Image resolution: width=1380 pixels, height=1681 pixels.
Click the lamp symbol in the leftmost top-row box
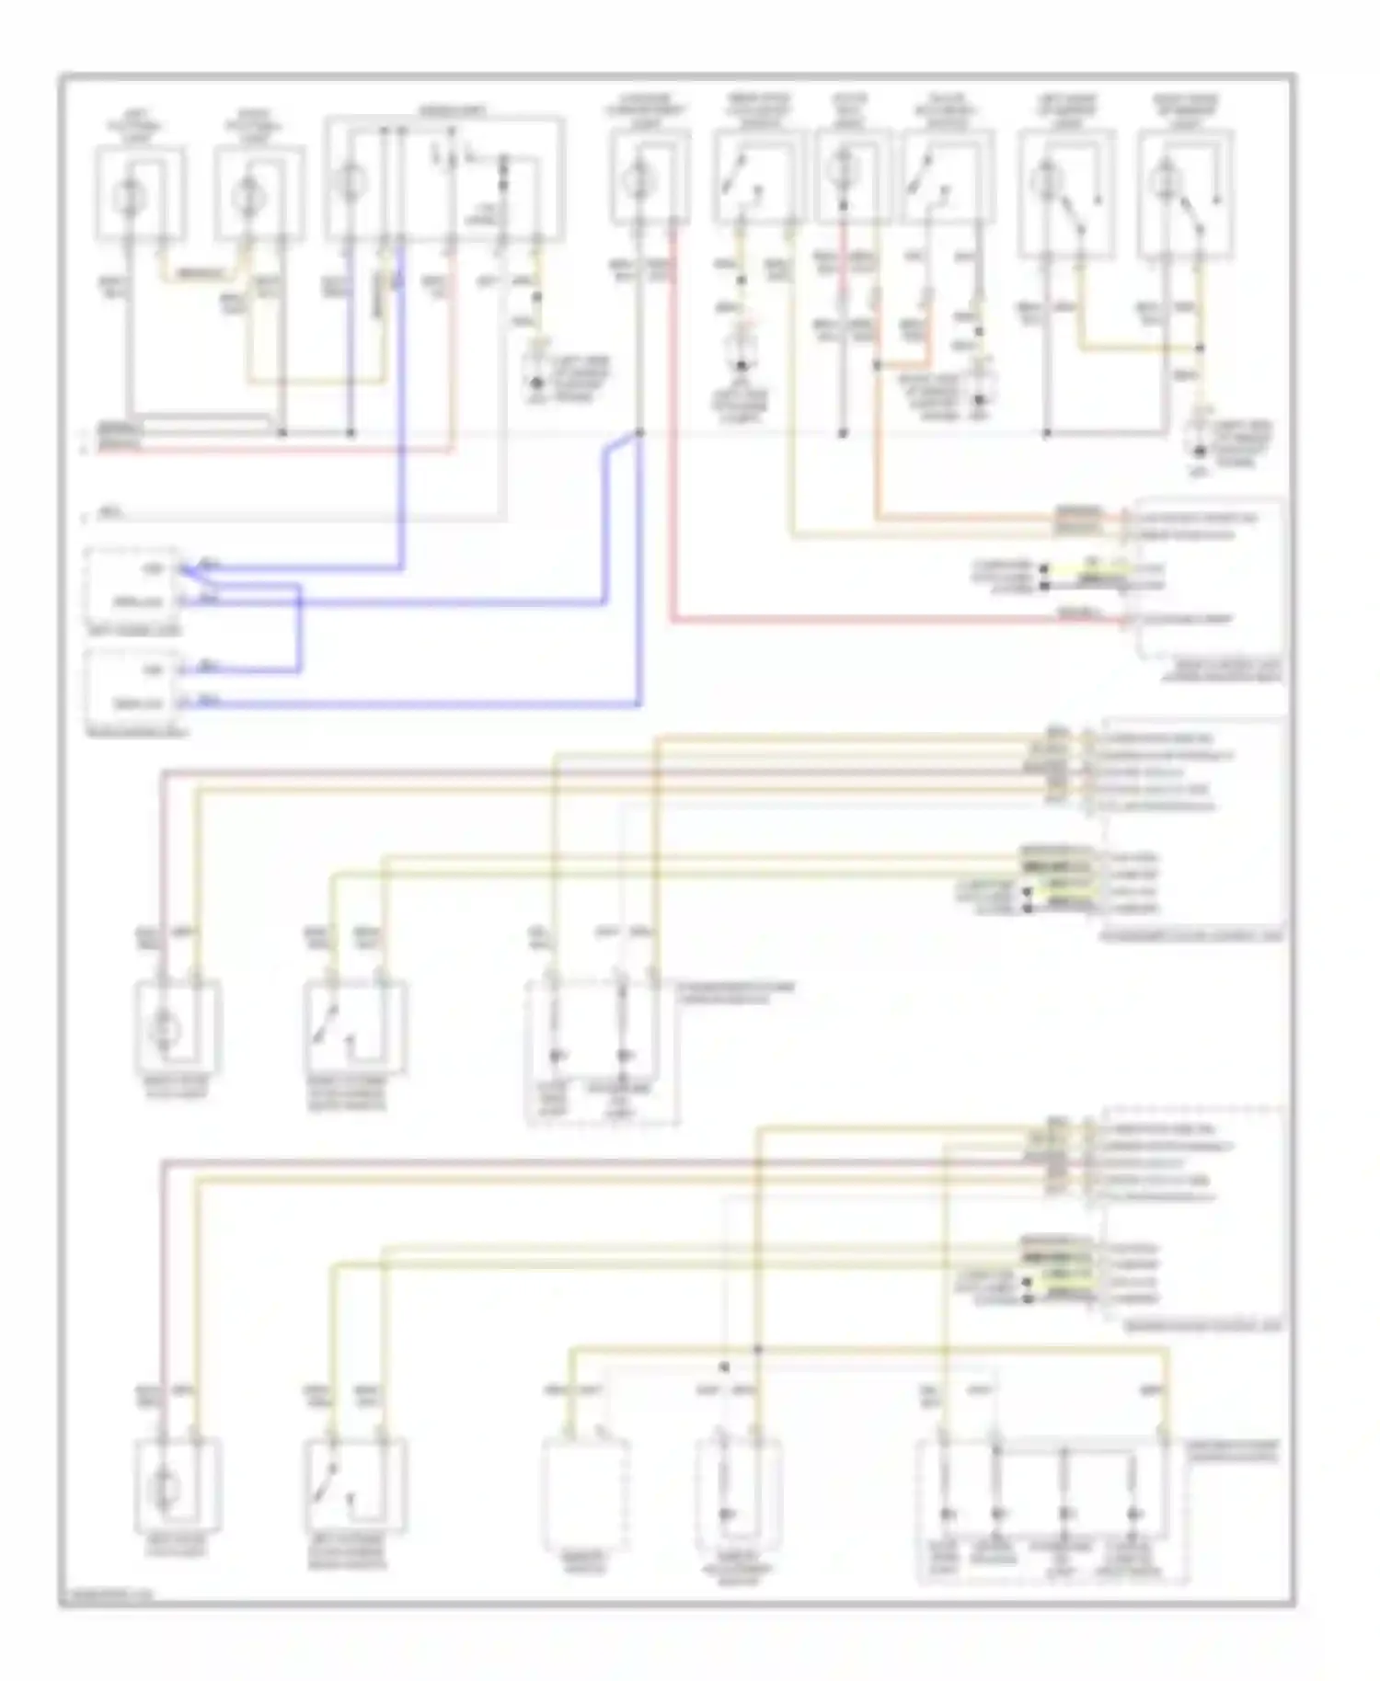pos(129,195)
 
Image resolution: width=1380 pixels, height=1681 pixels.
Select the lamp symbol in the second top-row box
pos(247,195)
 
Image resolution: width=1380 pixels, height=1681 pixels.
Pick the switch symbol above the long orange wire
pos(925,179)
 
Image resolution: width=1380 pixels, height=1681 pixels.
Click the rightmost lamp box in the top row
pos(1185,193)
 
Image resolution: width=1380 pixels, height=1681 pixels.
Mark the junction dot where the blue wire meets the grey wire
pos(640,432)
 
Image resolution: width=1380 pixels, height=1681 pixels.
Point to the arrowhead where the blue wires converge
pos(184,570)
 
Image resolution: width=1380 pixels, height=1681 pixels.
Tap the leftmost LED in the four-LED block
pos(946,1513)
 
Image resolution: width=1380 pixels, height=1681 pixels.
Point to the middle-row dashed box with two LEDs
pos(602,1053)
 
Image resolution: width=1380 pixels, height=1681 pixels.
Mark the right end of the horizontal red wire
pos(1122,622)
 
